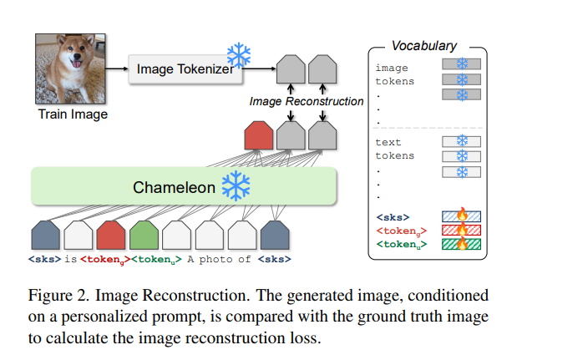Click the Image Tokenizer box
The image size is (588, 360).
click(185, 69)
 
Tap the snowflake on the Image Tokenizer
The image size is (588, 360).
click(239, 55)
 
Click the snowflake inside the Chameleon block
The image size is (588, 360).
click(236, 186)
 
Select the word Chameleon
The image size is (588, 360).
click(174, 187)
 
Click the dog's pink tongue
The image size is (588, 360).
click(77, 63)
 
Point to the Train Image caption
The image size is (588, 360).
click(73, 114)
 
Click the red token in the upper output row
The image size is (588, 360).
click(258, 135)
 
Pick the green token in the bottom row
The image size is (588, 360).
click(144, 235)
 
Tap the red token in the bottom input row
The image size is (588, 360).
click(111, 235)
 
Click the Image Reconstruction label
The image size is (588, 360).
click(307, 101)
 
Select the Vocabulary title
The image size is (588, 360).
click(424, 46)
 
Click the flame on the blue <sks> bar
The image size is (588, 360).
click(463, 215)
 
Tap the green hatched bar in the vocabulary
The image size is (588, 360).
click(461, 245)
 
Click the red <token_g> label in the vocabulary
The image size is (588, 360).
click(402, 231)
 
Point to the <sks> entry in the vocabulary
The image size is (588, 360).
click(393, 217)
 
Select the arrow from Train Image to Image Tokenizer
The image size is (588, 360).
click(117, 68)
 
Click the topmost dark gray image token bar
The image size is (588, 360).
click(461, 64)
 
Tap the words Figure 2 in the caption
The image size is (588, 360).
click(58, 296)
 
